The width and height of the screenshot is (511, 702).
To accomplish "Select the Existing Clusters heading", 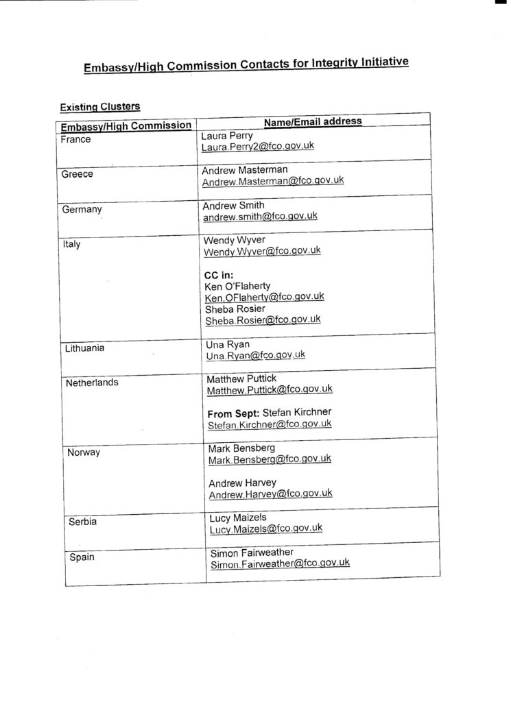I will [x=100, y=107].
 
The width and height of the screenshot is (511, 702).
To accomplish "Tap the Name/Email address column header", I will [x=313, y=121].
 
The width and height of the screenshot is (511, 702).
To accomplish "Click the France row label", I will [x=75, y=139].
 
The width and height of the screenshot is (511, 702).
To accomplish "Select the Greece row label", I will [x=78, y=174].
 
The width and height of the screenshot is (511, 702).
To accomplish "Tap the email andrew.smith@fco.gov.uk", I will [x=260, y=216].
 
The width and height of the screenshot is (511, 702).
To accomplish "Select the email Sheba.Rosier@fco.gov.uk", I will [x=263, y=320].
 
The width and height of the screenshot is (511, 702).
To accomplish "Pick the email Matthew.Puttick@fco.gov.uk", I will [x=270, y=389].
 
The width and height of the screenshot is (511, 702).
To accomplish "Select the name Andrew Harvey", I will [x=242, y=483].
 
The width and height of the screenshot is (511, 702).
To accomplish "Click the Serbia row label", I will [x=83, y=522].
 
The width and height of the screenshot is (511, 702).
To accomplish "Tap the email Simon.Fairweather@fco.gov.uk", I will [x=280, y=564].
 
